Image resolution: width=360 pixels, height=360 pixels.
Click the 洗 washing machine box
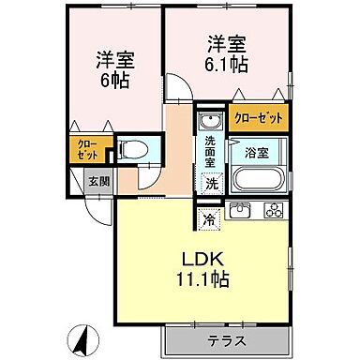point(212,183)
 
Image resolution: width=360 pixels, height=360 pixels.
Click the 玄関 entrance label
point(97,182)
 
